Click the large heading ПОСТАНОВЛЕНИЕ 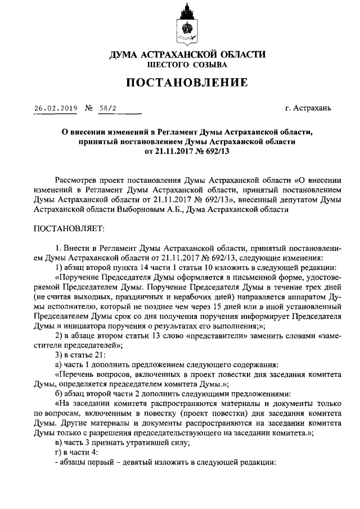click(186, 83)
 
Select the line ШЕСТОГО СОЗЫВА click(186, 65)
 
